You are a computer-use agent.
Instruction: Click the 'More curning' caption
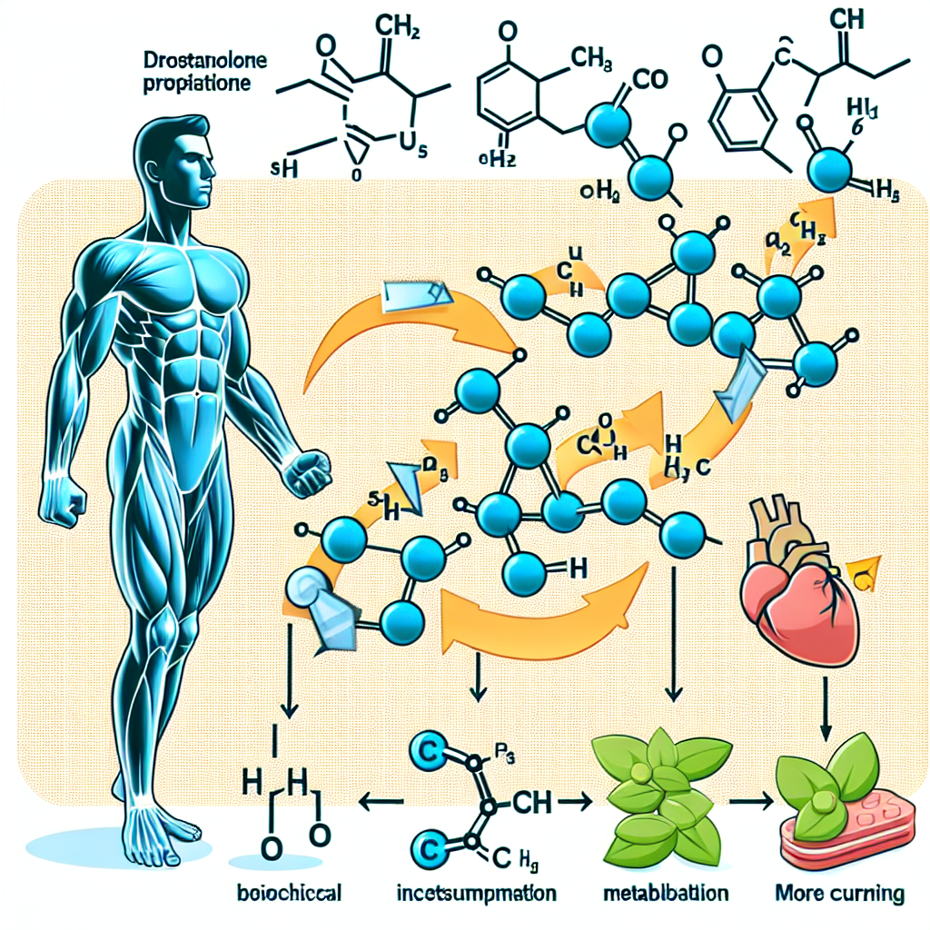(840, 893)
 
